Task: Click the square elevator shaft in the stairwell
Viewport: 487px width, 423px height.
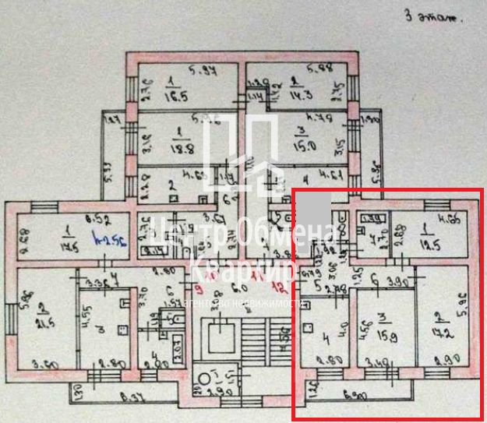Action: (x=221, y=337)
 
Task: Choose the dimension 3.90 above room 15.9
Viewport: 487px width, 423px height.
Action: (x=399, y=280)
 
